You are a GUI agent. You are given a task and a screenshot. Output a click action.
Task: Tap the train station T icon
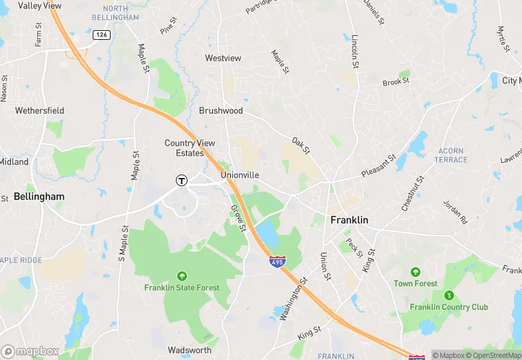(x=181, y=181)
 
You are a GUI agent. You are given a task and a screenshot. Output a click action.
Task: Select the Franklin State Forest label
(x=181, y=287)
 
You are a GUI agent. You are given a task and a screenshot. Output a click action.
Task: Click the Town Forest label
(x=415, y=283)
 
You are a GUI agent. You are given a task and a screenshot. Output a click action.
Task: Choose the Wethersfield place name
(x=40, y=110)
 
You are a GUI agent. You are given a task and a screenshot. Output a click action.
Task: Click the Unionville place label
(x=240, y=175)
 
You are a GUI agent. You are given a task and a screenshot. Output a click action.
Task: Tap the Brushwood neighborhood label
(x=221, y=110)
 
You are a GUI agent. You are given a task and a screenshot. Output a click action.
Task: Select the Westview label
(x=223, y=58)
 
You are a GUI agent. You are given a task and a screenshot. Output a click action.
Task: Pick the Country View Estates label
(x=190, y=148)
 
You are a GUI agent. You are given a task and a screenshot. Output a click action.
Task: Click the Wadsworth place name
(x=190, y=350)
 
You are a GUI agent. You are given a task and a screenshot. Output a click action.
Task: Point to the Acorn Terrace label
(x=451, y=155)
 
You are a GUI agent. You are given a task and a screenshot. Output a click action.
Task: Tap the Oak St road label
(x=301, y=146)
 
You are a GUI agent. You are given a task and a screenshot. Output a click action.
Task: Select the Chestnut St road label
(x=413, y=193)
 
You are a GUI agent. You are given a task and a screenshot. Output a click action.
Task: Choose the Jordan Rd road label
(x=455, y=212)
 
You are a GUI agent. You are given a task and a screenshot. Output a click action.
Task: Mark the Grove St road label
(x=238, y=218)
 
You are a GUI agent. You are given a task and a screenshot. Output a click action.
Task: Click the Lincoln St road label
(x=355, y=52)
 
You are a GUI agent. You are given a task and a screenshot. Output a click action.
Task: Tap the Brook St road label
(x=396, y=81)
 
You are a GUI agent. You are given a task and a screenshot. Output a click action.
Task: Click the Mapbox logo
(x=30, y=351)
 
